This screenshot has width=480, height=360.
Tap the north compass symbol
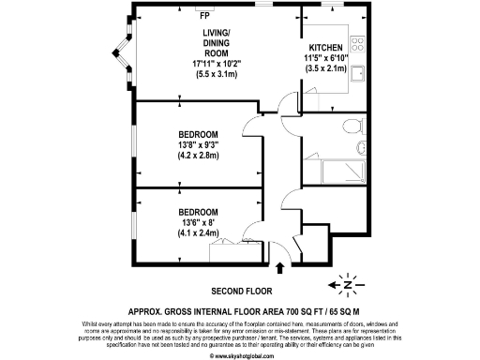point(347,283)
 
